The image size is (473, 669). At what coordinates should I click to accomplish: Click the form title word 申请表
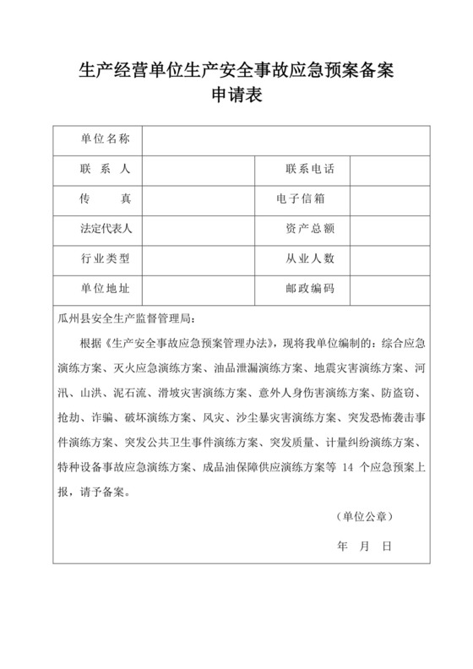tap(236, 95)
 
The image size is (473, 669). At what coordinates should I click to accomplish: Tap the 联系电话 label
tap(309, 169)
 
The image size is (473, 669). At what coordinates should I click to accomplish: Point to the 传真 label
tap(105, 199)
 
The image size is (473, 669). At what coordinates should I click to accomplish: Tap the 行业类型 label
tap(105, 258)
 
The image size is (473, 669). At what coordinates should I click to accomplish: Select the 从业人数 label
tap(309, 258)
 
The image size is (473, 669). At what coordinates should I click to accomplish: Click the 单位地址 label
tap(105, 288)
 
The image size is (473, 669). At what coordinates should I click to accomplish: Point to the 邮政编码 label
tap(309, 288)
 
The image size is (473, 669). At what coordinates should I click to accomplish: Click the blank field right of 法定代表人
tap(198, 228)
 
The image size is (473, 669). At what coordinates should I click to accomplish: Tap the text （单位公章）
tap(362, 516)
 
